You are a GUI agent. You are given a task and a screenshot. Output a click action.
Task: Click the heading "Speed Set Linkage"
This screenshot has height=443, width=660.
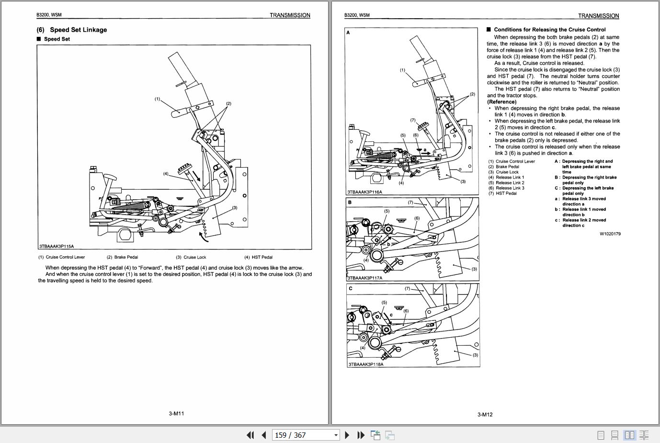[x=78, y=30]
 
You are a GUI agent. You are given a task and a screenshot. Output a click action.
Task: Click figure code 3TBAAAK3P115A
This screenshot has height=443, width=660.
[x=57, y=247]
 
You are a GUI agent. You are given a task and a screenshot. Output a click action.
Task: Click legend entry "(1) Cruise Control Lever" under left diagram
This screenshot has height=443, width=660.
[x=62, y=257]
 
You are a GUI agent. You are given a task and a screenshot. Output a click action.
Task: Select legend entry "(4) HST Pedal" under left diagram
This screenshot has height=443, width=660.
[x=258, y=257]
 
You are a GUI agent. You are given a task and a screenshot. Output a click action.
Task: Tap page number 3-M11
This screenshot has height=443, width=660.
[x=176, y=414]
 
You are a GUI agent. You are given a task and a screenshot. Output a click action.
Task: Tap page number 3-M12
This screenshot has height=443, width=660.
[x=485, y=414]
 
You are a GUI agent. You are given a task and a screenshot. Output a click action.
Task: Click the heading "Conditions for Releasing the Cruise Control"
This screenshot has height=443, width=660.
[x=549, y=30]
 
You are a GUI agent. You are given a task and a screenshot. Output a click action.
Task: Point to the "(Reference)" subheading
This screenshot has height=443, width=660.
[x=501, y=102]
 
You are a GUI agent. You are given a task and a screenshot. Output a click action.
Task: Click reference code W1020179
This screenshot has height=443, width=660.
[x=610, y=234]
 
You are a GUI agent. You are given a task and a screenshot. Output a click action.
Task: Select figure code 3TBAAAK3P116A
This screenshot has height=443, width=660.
[x=365, y=192]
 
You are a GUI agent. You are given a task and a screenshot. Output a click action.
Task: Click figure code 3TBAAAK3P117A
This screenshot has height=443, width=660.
[x=365, y=278]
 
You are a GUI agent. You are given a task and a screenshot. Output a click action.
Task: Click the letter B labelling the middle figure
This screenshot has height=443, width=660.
[x=350, y=203]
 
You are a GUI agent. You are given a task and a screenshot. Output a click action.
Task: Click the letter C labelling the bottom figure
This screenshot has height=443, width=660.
[x=350, y=289]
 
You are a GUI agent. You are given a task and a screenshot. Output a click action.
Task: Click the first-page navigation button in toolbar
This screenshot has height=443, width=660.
[x=250, y=435]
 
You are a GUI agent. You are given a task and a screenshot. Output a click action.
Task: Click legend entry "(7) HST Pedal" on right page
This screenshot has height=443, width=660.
[x=502, y=193]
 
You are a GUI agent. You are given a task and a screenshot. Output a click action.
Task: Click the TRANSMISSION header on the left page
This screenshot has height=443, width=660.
[x=290, y=15]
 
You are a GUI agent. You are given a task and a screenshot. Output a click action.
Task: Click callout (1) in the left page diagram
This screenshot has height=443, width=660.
[x=157, y=99]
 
